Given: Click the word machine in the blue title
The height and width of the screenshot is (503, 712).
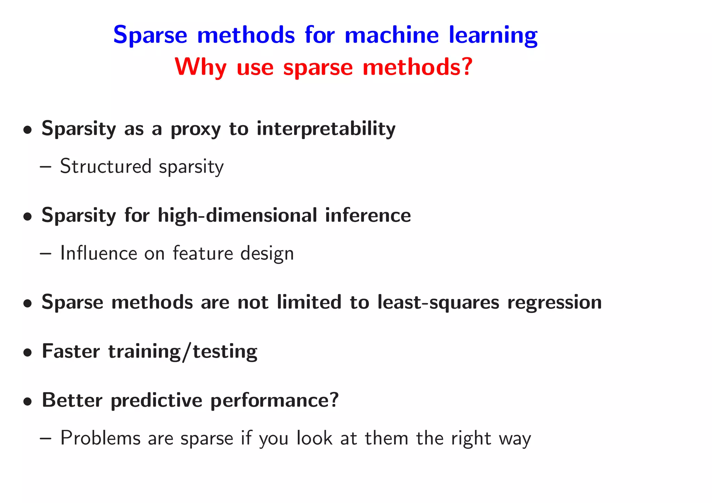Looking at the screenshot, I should click(391, 35).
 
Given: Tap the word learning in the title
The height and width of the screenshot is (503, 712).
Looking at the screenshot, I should click(493, 35).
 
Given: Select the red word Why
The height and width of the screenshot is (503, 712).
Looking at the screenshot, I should click(201, 67).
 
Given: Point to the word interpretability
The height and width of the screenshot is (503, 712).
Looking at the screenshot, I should click(326, 129).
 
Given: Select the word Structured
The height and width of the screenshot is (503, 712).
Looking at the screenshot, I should click(106, 166).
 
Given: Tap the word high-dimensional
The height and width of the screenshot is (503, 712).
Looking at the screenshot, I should click(237, 216).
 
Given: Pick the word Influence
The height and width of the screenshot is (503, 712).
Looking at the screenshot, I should click(98, 253).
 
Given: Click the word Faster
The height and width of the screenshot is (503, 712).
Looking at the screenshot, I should click(71, 351).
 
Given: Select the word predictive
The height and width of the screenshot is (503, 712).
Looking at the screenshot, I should click(156, 400).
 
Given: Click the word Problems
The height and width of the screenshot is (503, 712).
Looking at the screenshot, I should click(100, 438).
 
